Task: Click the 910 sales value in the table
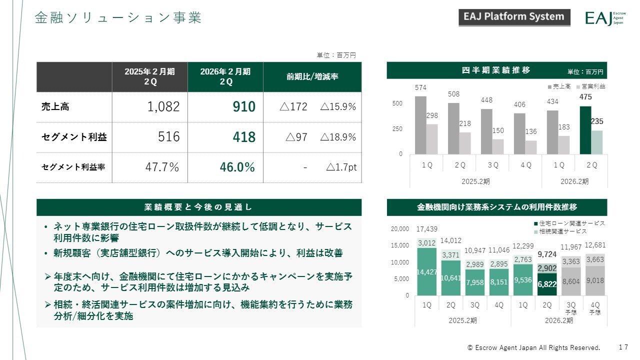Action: click(x=244, y=107)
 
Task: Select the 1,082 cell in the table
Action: click(x=161, y=107)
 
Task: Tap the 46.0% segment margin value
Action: click(x=237, y=167)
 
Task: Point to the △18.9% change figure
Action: click(x=338, y=137)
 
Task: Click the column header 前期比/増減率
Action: click(x=312, y=76)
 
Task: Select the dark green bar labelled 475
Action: click(x=585, y=130)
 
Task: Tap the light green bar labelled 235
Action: click(x=596, y=142)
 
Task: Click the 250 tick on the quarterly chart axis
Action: click(x=397, y=129)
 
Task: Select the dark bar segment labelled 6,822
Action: click(x=547, y=284)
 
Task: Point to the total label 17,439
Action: click(x=426, y=229)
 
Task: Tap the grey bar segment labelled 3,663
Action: click(x=594, y=260)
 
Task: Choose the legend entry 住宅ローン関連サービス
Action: click(x=569, y=223)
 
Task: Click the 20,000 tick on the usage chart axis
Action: click(x=399, y=229)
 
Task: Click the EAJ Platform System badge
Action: click(x=514, y=17)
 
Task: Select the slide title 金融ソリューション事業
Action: click(x=118, y=18)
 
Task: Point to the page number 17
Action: click(x=623, y=347)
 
